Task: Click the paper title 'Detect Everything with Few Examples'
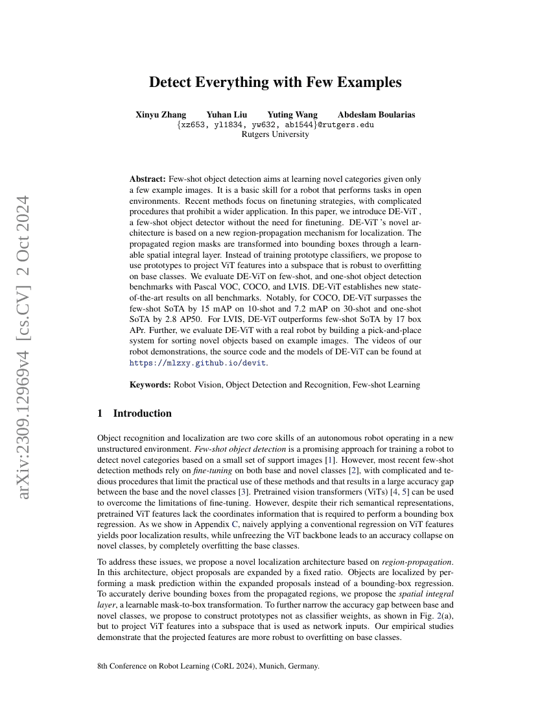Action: pyautogui.click(x=275, y=82)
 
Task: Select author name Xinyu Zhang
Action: pyautogui.click(x=161, y=115)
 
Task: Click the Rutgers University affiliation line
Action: pyautogui.click(x=275, y=134)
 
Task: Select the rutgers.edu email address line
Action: pyautogui.click(x=275, y=125)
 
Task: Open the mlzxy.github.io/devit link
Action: pyautogui.click(x=198, y=363)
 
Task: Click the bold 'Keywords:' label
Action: pyautogui.click(x=150, y=385)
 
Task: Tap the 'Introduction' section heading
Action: pyautogui.click(x=142, y=413)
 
